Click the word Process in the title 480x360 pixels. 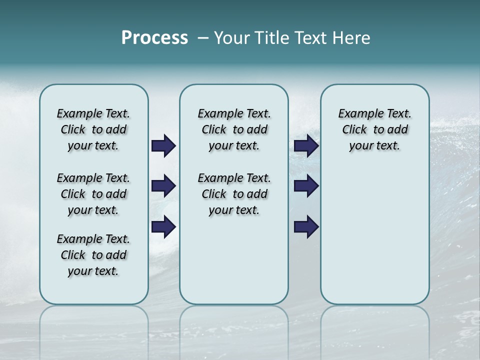tap(154, 38)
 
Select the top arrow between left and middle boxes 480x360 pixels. tap(163, 146)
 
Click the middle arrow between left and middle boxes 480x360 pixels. tap(163, 186)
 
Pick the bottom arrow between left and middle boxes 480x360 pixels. tap(163, 226)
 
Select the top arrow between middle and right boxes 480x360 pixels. tap(306, 146)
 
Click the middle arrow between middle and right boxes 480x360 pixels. tap(306, 186)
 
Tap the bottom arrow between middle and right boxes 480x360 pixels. tap(306, 226)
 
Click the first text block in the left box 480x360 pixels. tap(93, 129)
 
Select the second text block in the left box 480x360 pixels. tap(93, 194)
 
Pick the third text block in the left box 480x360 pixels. tap(93, 255)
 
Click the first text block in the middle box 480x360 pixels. tap(234, 129)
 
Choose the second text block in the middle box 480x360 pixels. tap(234, 194)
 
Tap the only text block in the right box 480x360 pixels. tap(374, 129)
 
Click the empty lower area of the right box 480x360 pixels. tap(374, 235)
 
